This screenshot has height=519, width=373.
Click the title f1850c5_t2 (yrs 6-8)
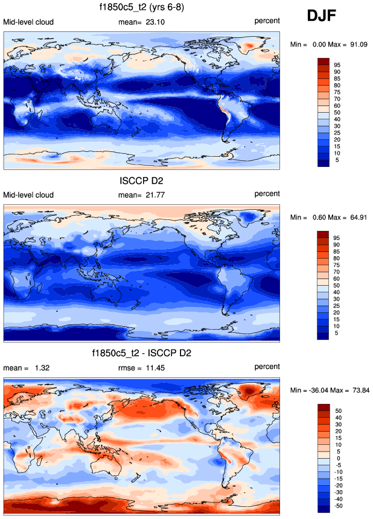coord(142,8)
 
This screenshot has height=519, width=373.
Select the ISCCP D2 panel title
coord(142,180)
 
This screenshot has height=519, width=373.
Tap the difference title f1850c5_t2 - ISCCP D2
coord(142,353)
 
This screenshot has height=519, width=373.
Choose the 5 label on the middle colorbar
coord(336,333)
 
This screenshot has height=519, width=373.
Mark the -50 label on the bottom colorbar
coord(337,505)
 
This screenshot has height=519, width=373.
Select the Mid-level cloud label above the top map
coord(28,22)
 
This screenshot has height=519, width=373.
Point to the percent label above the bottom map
coord(267,366)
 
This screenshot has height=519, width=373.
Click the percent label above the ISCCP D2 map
coord(267,193)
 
